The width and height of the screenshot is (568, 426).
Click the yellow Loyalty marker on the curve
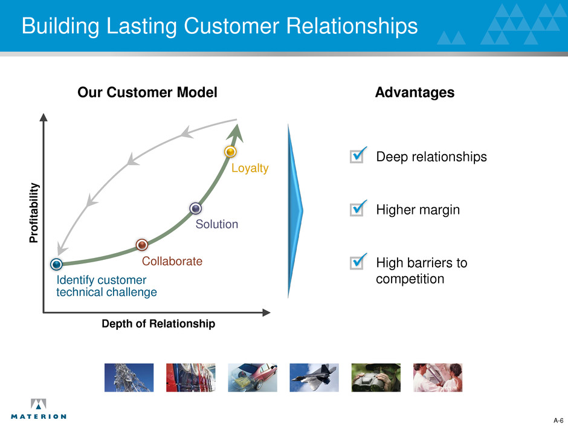(x=230, y=152)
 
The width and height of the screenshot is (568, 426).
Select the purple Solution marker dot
(x=196, y=208)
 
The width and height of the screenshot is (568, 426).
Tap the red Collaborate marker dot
(x=142, y=245)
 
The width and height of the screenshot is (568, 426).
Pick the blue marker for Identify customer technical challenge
(x=57, y=264)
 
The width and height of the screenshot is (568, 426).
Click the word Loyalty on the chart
(x=250, y=168)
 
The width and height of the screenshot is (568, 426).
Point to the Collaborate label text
(x=172, y=262)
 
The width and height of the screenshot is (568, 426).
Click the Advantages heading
(x=415, y=92)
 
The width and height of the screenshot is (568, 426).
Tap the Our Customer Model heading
(x=147, y=92)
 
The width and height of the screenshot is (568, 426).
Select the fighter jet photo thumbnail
(x=314, y=378)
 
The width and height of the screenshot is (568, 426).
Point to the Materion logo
(x=38, y=409)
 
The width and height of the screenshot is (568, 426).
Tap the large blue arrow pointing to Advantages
(x=295, y=211)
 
